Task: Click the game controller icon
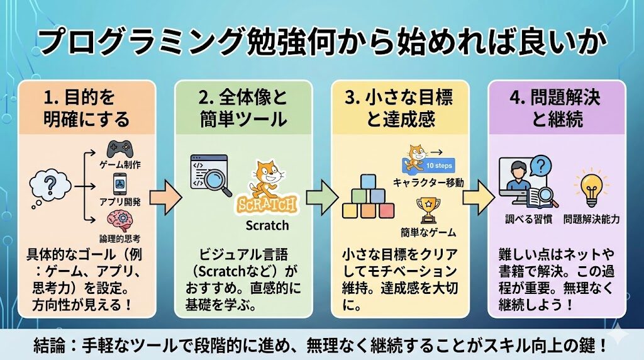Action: [119, 150]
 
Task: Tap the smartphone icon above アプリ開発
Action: [119, 184]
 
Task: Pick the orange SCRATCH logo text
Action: [267, 206]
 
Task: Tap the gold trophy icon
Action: [427, 211]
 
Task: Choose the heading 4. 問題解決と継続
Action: [557, 108]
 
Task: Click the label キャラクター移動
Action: [428, 183]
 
